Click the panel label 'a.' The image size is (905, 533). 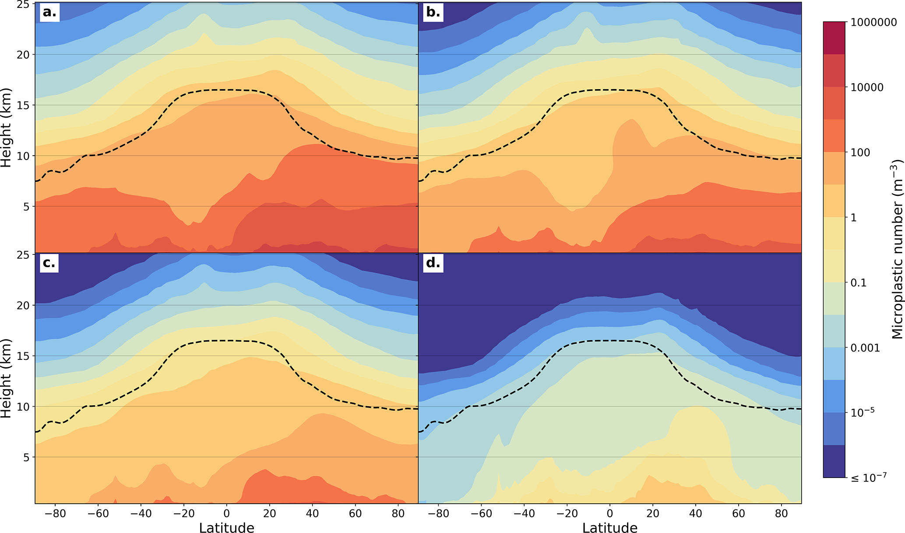[x=49, y=12]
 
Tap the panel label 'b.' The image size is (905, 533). [x=433, y=12]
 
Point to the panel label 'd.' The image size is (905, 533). [x=433, y=263]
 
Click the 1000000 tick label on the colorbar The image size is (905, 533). [x=873, y=22]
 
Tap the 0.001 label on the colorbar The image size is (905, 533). [x=865, y=348]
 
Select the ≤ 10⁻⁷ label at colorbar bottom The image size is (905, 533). [x=868, y=477]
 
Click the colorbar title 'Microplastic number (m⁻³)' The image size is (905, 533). [x=897, y=249]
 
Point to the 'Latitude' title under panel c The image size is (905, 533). [x=226, y=528]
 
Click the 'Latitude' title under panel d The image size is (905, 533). [x=609, y=528]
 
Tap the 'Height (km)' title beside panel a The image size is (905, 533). [x=6, y=128]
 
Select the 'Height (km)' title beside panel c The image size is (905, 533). [x=6, y=379]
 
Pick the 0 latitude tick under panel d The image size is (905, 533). [x=609, y=513]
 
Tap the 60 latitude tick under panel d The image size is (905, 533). [x=738, y=513]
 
